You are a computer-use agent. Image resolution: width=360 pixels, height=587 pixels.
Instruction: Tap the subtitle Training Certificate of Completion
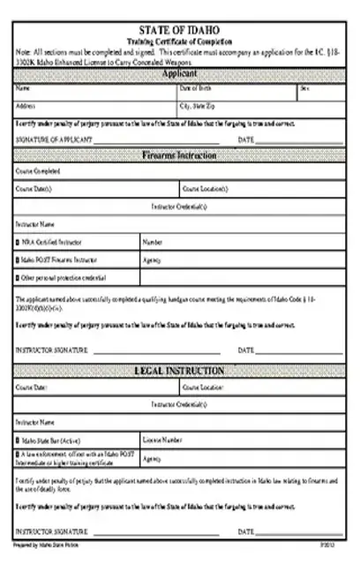pyautogui.click(x=179, y=41)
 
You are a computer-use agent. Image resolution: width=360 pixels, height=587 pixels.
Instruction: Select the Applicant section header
pyautogui.click(x=179, y=74)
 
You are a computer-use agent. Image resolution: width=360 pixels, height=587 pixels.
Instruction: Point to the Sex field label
pyautogui.click(x=304, y=89)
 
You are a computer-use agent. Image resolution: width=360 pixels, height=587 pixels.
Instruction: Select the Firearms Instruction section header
pyautogui.click(x=179, y=154)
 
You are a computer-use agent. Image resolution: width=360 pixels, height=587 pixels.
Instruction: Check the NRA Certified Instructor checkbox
pyautogui.click(x=18, y=240)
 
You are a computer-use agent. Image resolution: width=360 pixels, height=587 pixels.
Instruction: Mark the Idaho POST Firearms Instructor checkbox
pyautogui.click(x=18, y=260)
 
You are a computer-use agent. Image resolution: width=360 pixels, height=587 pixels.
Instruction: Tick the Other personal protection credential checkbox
pyautogui.click(x=18, y=278)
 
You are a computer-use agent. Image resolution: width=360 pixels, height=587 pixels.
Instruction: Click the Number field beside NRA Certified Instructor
pyautogui.click(x=238, y=240)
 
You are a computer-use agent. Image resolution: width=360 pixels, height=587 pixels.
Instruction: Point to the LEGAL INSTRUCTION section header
pyautogui.click(x=179, y=371)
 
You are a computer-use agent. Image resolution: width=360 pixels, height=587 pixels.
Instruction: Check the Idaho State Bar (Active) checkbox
pyautogui.click(x=18, y=439)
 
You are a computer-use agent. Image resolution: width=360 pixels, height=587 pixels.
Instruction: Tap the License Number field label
pyautogui.click(x=163, y=439)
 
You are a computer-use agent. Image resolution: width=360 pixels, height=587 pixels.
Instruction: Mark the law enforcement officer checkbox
pyautogui.click(x=18, y=454)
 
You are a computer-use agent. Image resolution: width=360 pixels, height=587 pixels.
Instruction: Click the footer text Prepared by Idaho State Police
pyautogui.click(x=38, y=546)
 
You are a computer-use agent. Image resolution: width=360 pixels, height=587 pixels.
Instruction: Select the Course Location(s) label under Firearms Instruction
pyautogui.click(x=205, y=188)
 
